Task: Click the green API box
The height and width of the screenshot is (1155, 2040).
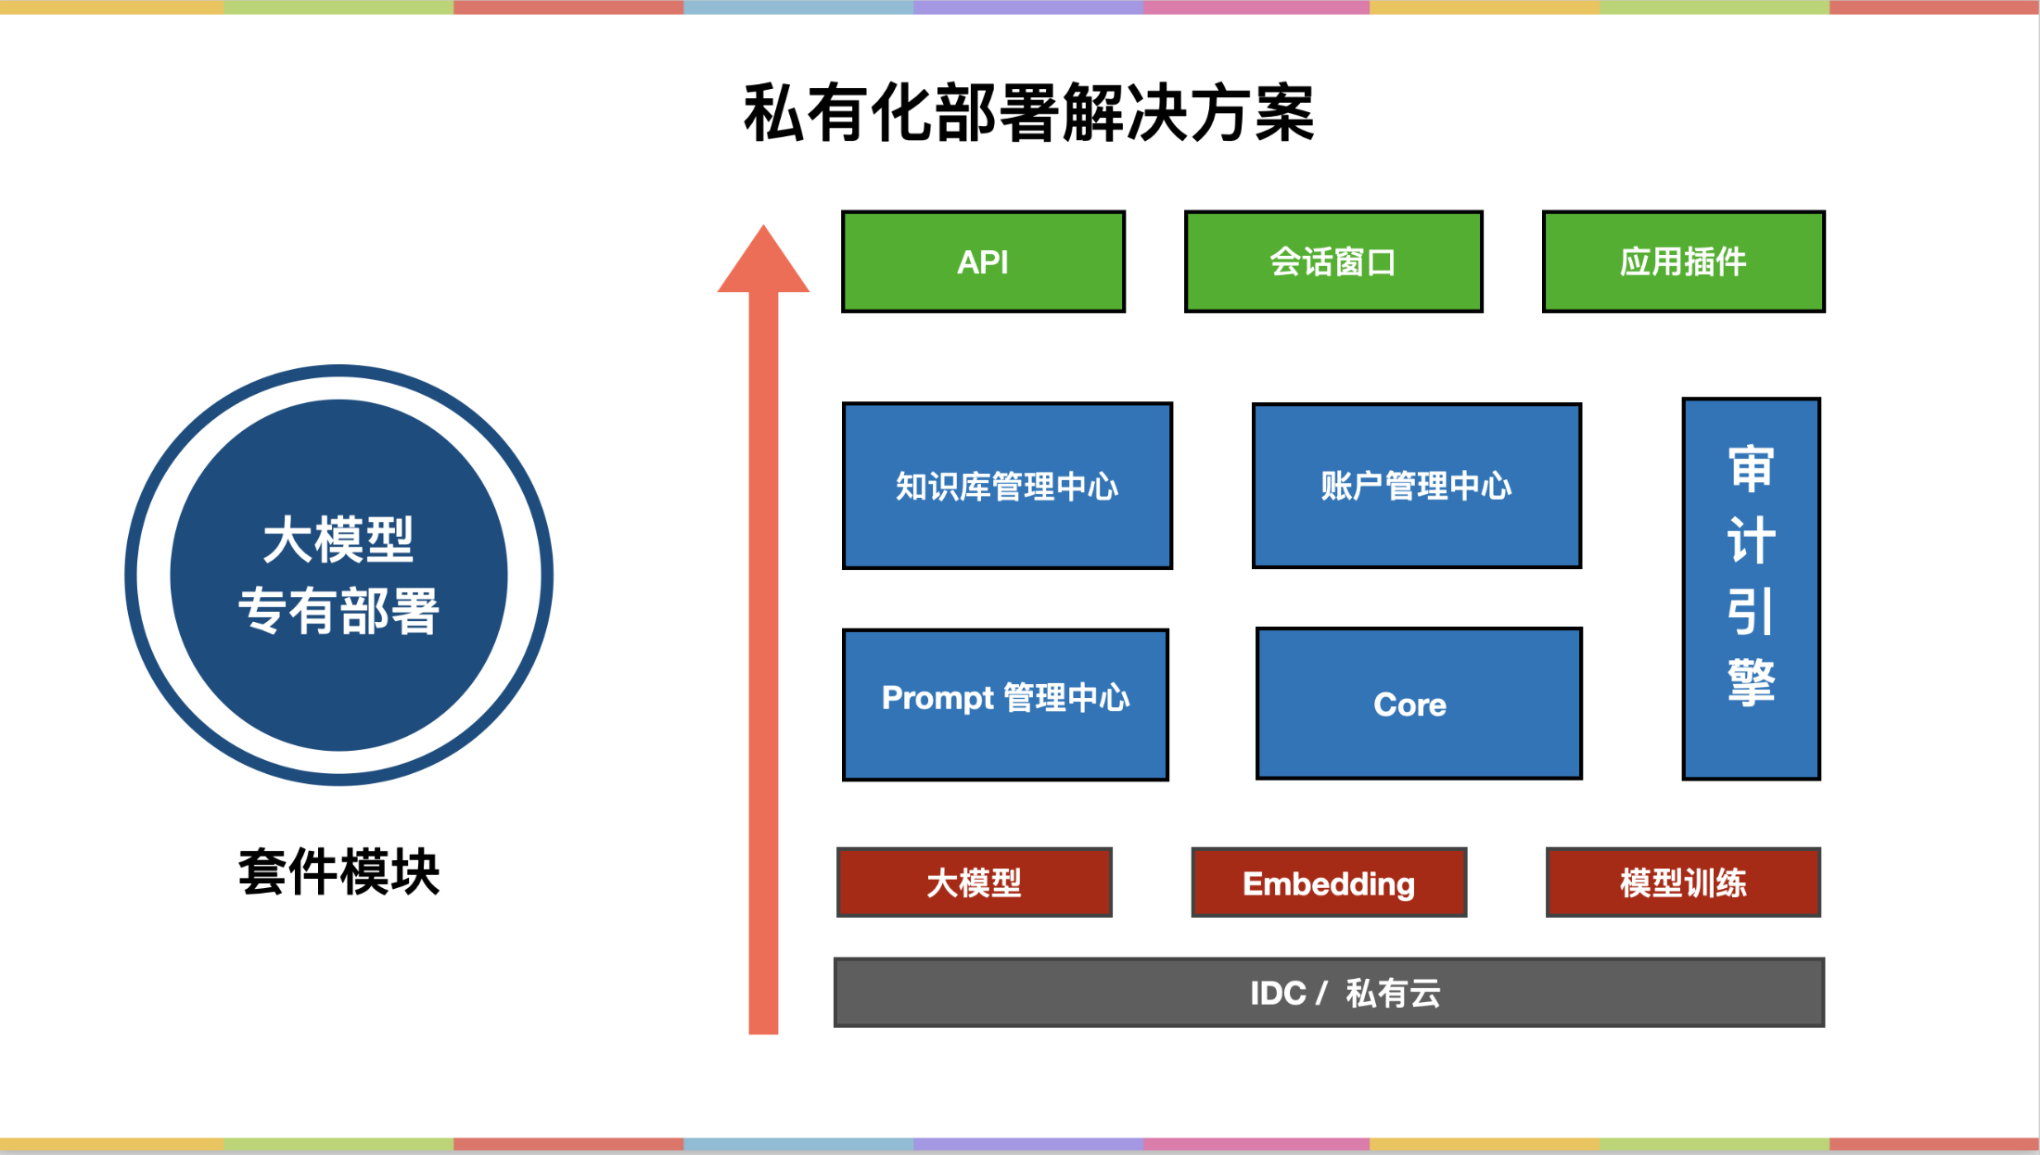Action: [x=983, y=262]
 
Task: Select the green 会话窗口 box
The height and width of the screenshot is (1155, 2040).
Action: [x=1333, y=262]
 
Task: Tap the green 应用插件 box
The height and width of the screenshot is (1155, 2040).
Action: [x=1683, y=262]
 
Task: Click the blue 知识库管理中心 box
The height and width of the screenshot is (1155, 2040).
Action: [x=1007, y=486]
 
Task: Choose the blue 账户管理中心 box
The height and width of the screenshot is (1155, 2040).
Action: [x=1416, y=486]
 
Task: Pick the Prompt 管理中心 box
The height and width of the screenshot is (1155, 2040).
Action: [x=1005, y=704]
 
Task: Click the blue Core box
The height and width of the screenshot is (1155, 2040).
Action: [x=1419, y=704]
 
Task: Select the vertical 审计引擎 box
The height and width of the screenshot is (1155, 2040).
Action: [x=1751, y=589]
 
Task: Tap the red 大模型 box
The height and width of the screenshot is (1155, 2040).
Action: [x=974, y=882]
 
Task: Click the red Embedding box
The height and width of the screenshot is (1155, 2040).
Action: [x=1329, y=882]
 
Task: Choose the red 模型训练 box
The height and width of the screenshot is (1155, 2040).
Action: [x=1683, y=882]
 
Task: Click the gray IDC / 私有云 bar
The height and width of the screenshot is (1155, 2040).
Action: [x=1329, y=993]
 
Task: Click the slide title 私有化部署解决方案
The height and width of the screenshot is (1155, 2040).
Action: [x=1029, y=113]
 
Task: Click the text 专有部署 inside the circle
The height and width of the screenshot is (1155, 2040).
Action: [x=338, y=612]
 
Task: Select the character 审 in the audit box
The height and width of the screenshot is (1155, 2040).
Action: [x=1751, y=468]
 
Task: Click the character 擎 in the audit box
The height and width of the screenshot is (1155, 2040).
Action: [x=1751, y=683]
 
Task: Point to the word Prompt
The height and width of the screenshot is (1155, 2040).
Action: [x=937, y=698]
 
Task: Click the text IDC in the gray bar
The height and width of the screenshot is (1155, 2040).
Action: [x=1278, y=993]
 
